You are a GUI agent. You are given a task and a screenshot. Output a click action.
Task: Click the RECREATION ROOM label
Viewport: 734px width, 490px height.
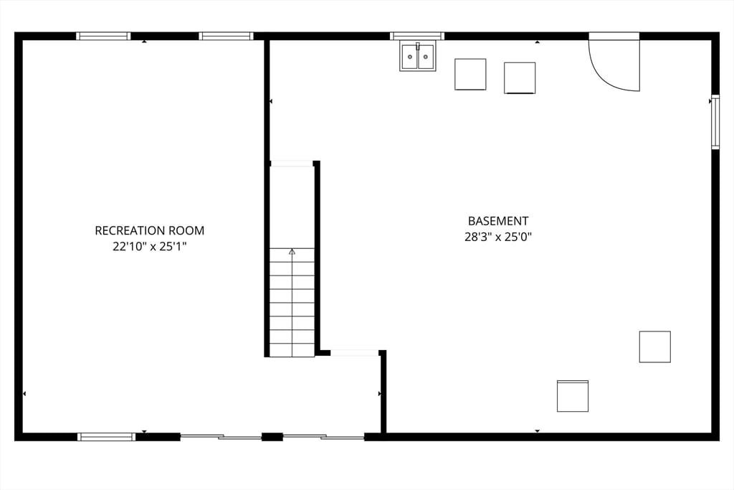(149, 230)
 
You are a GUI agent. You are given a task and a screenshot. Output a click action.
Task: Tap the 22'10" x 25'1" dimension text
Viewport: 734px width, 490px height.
(149, 246)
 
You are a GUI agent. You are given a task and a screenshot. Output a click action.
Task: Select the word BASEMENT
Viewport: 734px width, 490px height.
(497, 221)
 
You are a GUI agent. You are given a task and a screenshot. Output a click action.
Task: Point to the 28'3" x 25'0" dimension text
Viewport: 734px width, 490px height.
(497, 237)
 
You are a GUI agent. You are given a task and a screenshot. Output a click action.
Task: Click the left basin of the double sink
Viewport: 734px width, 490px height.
(409, 57)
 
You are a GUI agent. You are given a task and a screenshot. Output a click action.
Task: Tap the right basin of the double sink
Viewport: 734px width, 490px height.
(426, 57)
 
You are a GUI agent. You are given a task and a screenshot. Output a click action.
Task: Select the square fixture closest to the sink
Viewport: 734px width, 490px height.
(470, 74)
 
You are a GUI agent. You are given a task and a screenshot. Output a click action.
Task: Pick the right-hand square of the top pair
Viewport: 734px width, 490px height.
(520, 77)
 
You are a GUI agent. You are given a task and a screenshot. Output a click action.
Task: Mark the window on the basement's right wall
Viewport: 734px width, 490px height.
(715, 122)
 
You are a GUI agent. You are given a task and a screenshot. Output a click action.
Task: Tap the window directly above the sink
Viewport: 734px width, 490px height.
(417, 36)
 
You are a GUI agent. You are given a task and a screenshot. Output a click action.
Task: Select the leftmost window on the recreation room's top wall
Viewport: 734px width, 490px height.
(103, 36)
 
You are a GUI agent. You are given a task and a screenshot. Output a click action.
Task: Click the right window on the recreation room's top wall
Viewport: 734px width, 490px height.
(226, 36)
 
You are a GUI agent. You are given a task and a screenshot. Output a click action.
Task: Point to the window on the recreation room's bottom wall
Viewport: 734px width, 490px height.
(106, 436)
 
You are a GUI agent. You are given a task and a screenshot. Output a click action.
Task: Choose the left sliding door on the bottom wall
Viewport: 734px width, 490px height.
(221, 436)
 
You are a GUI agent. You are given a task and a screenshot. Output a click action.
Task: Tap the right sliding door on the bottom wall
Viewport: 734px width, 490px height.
(323, 436)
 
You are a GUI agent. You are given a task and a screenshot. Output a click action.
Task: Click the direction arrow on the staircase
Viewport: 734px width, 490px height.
(292, 252)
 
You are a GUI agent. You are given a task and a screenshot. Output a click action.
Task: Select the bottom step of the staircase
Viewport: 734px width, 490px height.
(292, 350)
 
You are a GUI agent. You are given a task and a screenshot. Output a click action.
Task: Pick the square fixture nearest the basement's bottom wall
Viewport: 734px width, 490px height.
(573, 396)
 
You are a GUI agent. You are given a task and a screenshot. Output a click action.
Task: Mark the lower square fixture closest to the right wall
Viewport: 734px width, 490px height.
(654, 347)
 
